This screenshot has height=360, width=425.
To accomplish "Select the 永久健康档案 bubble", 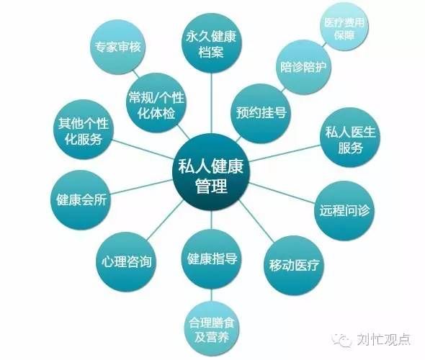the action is pos(211,42).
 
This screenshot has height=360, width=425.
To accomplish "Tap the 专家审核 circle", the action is pos(117,47).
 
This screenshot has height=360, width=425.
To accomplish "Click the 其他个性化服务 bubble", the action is pos(84,129).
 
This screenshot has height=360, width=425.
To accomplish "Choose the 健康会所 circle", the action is pos(81,200).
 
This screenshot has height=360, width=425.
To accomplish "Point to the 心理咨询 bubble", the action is pos(126,262).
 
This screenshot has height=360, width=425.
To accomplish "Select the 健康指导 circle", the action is pos(212,258).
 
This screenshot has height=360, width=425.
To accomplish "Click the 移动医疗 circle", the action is pos(294,265).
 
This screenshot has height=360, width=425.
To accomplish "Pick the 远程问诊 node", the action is pos(344,210).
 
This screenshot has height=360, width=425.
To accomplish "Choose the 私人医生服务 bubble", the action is pos(350,138).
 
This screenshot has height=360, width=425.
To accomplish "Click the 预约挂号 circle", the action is pos(261,113).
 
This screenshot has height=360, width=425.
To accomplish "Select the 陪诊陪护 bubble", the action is pos(303,67).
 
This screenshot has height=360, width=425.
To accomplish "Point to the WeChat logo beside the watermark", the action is pos(341,339).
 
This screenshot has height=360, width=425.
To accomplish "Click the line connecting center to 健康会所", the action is pos(142,187).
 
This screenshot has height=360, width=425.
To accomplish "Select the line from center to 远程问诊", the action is pos(282,194).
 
